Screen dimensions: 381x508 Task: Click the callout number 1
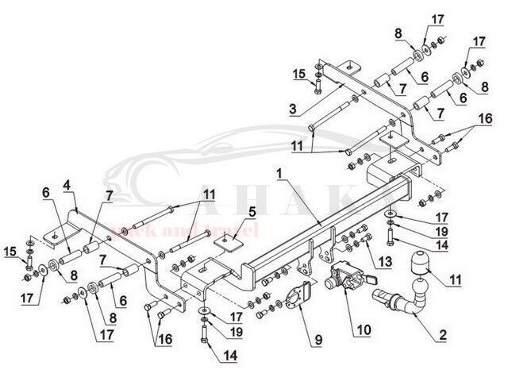tap(279, 172)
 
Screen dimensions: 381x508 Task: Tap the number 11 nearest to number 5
tap(208, 194)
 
